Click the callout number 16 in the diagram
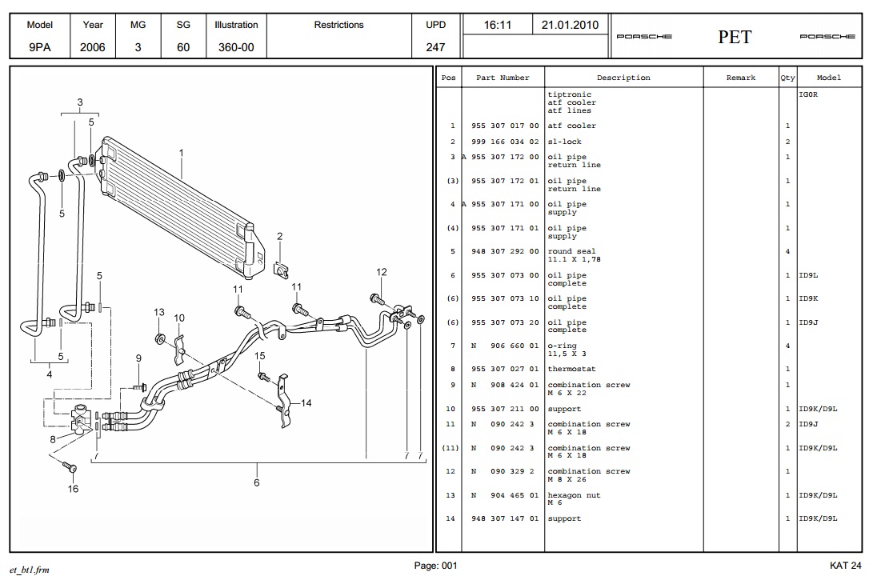pyautogui.click(x=73, y=489)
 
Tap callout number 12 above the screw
pyautogui.click(x=382, y=272)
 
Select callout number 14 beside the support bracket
pyautogui.click(x=306, y=402)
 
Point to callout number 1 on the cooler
pyautogui.click(x=182, y=153)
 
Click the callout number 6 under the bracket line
pyautogui.click(x=257, y=482)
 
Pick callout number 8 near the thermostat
pyautogui.click(x=52, y=438)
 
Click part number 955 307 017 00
pyautogui.click(x=504, y=126)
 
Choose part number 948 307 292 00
pyautogui.click(x=504, y=251)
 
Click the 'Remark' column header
pyautogui.click(x=740, y=78)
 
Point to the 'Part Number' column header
pyautogui.click(x=503, y=78)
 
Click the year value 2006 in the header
pyautogui.click(x=93, y=47)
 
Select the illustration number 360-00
pyautogui.click(x=236, y=47)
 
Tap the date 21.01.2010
pyautogui.click(x=570, y=25)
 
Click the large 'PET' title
pyautogui.click(x=735, y=37)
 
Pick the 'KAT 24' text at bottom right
pyautogui.click(x=845, y=566)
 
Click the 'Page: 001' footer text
pyautogui.click(x=435, y=566)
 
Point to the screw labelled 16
pyautogui.click(x=70, y=468)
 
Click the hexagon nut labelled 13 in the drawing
pyautogui.click(x=160, y=338)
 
